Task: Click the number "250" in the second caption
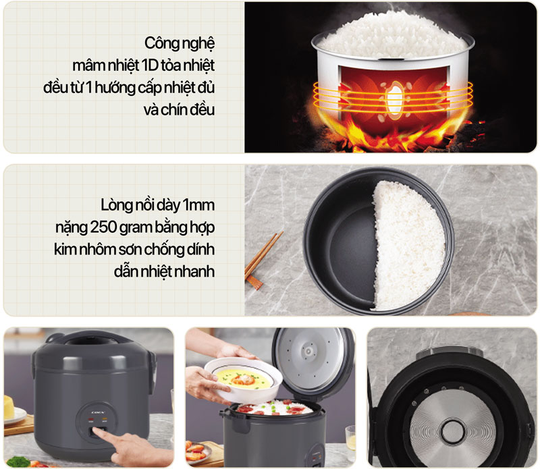point(106,227)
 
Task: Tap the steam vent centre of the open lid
point(308,352)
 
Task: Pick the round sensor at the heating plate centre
point(449,429)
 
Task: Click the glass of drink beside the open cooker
point(350,439)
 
